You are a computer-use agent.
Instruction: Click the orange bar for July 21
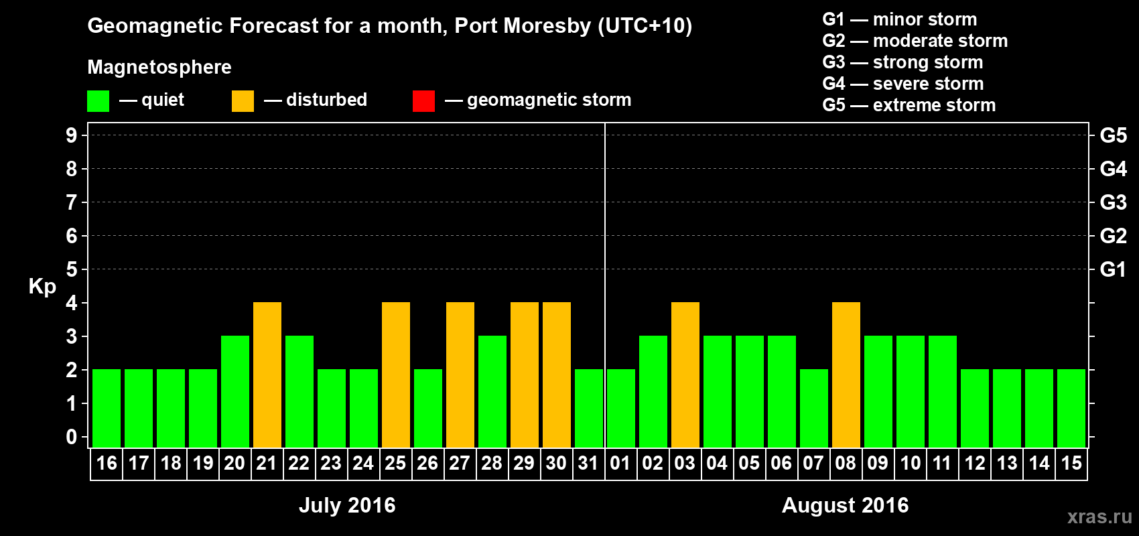tap(267, 375)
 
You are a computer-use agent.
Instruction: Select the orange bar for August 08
tap(846, 375)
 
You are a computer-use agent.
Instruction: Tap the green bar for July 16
tap(107, 408)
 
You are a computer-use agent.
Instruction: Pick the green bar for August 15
tap(1071, 408)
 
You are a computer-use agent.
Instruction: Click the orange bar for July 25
tap(396, 375)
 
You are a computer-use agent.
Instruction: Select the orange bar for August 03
tap(685, 375)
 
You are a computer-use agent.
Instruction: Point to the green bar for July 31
tap(589, 408)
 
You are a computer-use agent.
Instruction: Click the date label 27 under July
tap(460, 463)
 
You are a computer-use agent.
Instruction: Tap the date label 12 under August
tap(975, 463)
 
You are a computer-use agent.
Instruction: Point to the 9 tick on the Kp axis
tap(72, 135)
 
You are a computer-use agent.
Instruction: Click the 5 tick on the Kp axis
tap(72, 269)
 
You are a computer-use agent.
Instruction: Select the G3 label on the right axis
tap(1113, 202)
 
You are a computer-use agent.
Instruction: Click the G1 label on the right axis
tap(1113, 269)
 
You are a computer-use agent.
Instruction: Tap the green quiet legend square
tap(98, 101)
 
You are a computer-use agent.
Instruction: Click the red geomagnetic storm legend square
tap(424, 101)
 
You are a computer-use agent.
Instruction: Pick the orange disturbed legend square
tap(243, 101)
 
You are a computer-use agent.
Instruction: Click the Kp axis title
tap(42, 286)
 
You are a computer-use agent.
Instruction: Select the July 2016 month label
tap(347, 505)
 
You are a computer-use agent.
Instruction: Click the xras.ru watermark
tap(1099, 517)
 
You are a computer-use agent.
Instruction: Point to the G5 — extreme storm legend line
tap(909, 105)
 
